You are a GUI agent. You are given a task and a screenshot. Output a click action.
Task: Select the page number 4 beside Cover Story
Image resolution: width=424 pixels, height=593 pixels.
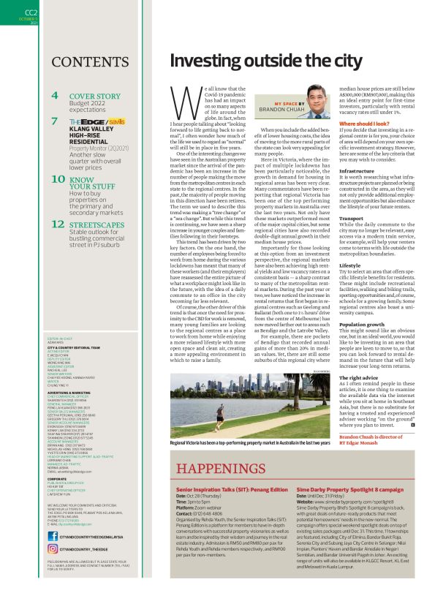55,96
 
